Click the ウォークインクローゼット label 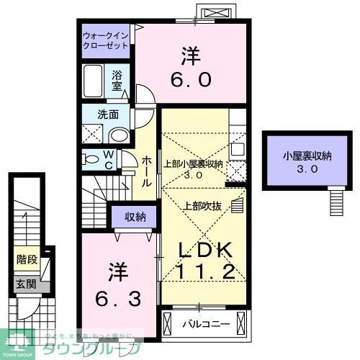tap(105, 39)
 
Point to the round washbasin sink tap(120, 135)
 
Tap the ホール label tap(146, 171)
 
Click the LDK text tap(204, 250)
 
